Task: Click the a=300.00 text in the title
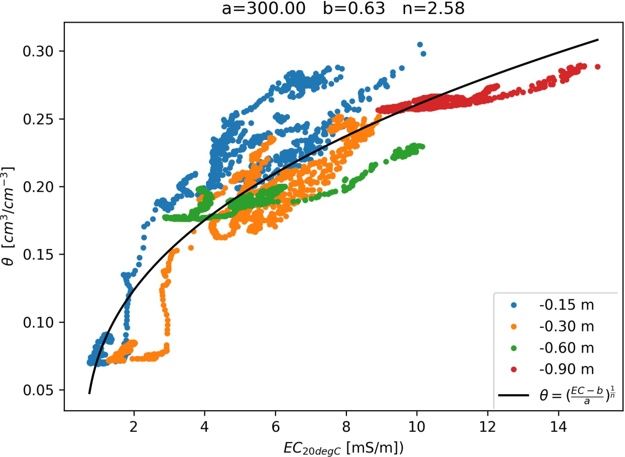pos(264,9)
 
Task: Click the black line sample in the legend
pos(513,395)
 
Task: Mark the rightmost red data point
pos(597,67)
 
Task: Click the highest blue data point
pos(420,45)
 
